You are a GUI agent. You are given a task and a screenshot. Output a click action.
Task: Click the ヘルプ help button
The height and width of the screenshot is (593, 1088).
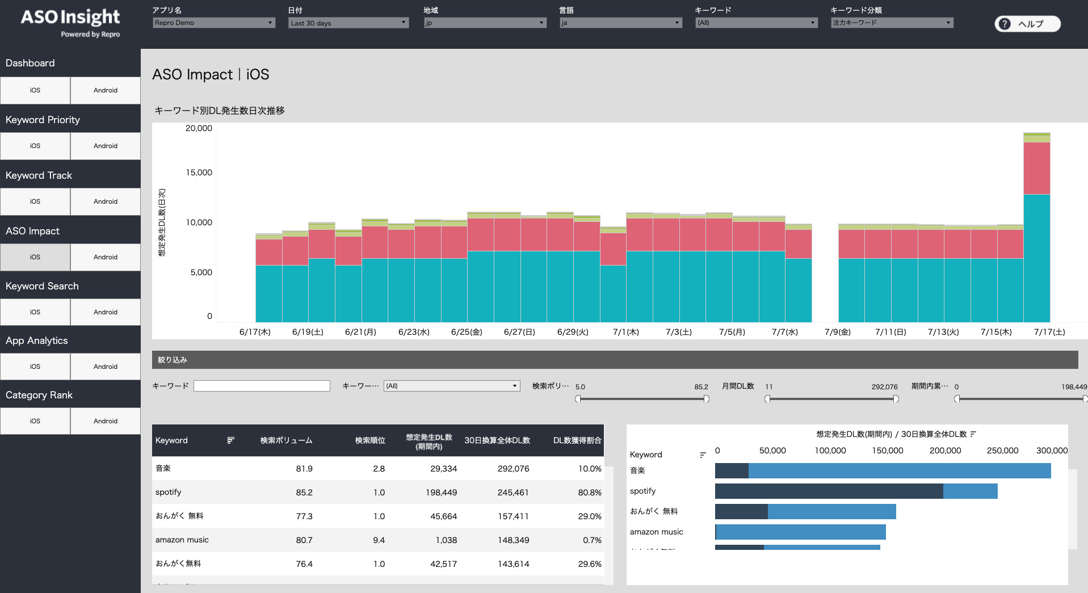1027,24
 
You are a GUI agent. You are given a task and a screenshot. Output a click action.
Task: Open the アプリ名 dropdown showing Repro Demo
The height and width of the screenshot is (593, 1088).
214,23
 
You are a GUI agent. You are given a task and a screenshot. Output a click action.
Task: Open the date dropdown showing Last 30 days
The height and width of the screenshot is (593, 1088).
348,23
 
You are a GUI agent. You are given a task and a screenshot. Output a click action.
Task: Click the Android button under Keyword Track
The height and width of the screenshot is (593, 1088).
106,201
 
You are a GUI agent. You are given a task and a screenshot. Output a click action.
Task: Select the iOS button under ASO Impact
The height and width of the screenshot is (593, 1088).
35,257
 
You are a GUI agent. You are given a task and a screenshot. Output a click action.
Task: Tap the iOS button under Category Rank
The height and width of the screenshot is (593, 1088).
35,421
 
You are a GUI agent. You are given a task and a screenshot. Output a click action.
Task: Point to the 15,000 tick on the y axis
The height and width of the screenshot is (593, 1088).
199,173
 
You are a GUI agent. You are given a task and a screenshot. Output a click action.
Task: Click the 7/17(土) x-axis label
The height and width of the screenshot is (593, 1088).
1049,332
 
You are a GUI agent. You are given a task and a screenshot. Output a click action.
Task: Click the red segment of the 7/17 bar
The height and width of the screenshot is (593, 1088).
1036,168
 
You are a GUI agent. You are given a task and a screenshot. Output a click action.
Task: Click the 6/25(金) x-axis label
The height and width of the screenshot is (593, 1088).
467,332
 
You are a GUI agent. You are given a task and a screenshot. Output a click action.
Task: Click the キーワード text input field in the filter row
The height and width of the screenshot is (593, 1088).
262,386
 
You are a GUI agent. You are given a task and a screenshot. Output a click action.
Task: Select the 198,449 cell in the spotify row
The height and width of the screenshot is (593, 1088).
441,493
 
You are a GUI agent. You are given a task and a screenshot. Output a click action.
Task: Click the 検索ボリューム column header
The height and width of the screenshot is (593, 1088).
286,440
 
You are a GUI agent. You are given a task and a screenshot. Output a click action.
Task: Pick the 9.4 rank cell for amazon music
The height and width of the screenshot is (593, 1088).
379,540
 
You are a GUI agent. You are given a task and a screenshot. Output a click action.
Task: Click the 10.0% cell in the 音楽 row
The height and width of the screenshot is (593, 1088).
590,469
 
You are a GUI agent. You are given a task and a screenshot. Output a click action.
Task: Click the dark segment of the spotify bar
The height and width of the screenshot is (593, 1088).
829,491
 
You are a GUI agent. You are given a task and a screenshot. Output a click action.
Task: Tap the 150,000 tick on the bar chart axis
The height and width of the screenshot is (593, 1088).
887,451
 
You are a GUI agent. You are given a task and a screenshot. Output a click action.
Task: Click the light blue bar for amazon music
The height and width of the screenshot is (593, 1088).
800,532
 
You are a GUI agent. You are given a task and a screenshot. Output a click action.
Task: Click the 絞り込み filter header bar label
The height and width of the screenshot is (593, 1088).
173,360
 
